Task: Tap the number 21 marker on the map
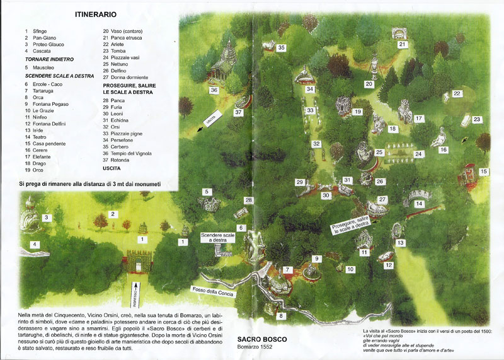pyautogui.click(x=402, y=45)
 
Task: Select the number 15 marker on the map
pyautogui.click(x=483, y=171)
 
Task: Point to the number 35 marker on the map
pyautogui.click(x=282, y=47)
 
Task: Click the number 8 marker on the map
pyautogui.click(x=281, y=315)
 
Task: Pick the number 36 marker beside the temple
pyautogui.click(x=214, y=90)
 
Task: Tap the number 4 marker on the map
pyautogui.click(x=35, y=244)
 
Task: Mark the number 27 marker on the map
pyautogui.click(x=382, y=199)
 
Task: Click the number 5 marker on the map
pyautogui.click(x=206, y=192)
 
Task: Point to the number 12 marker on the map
pyautogui.click(x=389, y=265)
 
